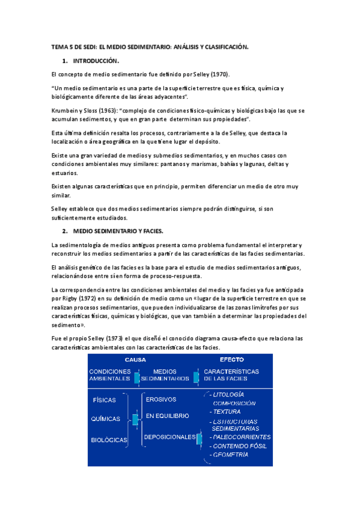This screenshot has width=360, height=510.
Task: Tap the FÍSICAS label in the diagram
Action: tap(105, 399)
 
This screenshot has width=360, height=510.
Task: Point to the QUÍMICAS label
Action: tap(106, 419)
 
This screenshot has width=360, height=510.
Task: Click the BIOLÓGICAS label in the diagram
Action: tap(109, 440)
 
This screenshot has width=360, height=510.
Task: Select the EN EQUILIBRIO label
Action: tap(168, 416)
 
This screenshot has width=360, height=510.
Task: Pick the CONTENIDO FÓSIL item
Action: tap(239, 446)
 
